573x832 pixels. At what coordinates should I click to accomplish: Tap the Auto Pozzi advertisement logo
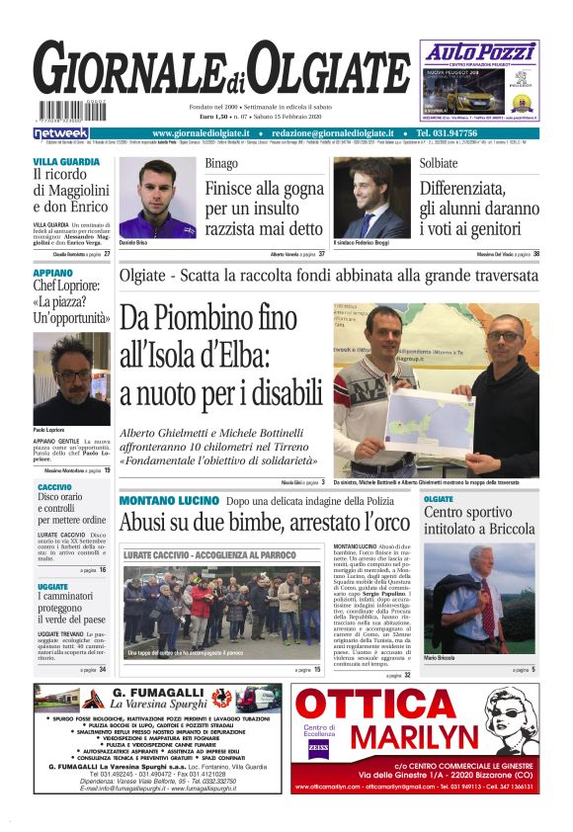tap(479, 50)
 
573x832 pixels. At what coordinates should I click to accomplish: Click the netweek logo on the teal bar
tap(61, 132)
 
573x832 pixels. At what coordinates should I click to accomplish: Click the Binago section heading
tap(221, 163)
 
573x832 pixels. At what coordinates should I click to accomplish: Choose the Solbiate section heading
tap(439, 163)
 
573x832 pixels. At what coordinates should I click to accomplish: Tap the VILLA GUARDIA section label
tap(66, 161)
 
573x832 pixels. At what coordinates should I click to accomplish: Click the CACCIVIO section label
tap(54, 488)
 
